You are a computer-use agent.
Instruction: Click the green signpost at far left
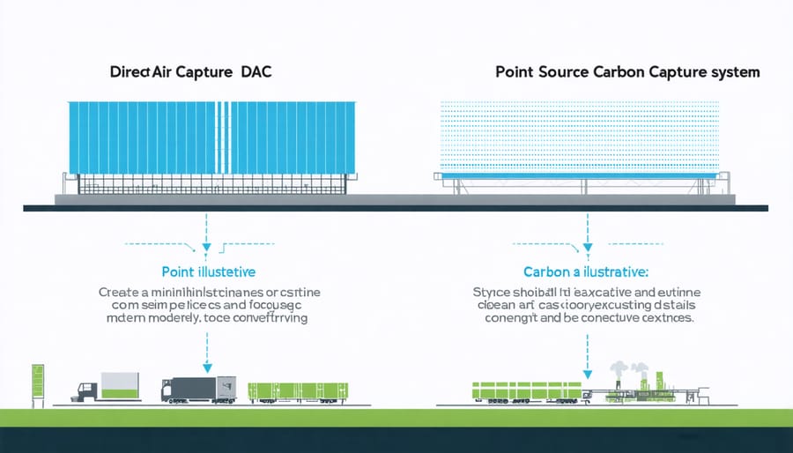coord(36,384)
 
